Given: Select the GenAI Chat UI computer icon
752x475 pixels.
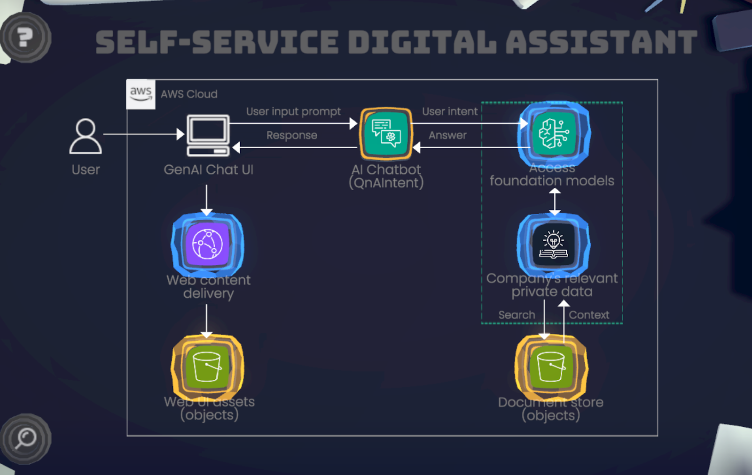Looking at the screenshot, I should coord(208,135).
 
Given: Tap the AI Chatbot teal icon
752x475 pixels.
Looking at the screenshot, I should coord(386,134).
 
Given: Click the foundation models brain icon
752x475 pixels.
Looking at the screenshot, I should coord(554,134).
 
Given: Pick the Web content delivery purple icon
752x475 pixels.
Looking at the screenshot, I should coord(207,244).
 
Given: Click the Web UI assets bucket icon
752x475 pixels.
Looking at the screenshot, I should coord(207,367).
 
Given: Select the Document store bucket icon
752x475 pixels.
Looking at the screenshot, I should coord(551,367).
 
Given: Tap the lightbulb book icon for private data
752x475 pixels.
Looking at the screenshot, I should coord(554,244).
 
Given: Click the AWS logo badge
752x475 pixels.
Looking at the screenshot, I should coord(141,94).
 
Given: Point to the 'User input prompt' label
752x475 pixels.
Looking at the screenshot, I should coord(293,112).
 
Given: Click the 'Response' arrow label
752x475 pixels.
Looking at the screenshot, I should coord(292,136).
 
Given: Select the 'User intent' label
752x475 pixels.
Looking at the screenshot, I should coord(449,112).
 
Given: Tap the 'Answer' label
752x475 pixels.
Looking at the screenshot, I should coord(447,136).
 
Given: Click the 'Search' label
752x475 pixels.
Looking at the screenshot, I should coord(517,315).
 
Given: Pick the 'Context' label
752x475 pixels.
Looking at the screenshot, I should coord(589,315).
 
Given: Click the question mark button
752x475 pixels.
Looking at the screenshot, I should coord(25,38).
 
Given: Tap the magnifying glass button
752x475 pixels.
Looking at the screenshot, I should coord(25,439).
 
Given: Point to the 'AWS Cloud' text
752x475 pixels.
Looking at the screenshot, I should coord(189,94).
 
